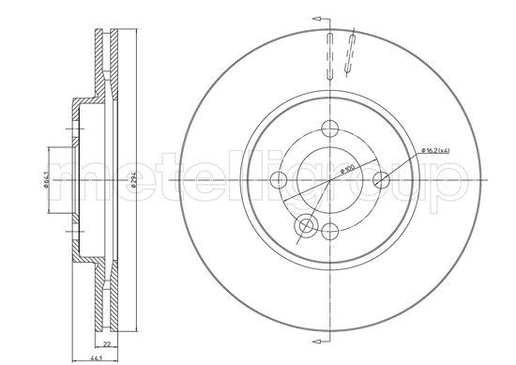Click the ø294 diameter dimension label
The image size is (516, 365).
pyautogui.click(x=133, y=181)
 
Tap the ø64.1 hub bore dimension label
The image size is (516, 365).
pyautogui.click(x=46, y=180)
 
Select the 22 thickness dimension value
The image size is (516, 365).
pyautogui.click(x=106, y=344)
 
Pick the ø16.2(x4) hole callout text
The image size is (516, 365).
pyautogui.click(x=435, y=151)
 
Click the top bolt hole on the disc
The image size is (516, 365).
pyautogui.click(x=329, y=129)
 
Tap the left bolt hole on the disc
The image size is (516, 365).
pyautogui.click(x=279, y=180)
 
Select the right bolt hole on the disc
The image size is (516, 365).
pyautogui.click(x=382, y=180)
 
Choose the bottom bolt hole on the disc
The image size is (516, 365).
pyautogui.click(x=329, y=232)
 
